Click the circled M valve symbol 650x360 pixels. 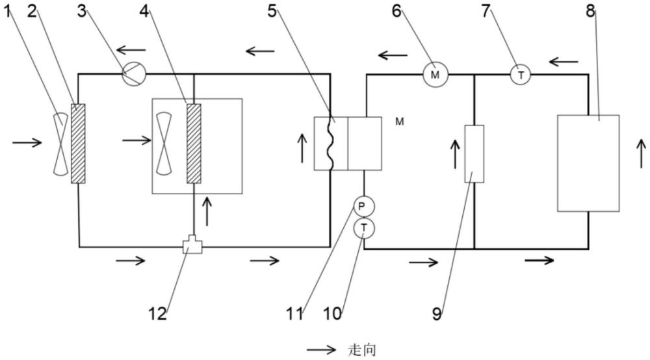[435, 75]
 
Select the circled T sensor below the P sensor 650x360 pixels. [364, 227]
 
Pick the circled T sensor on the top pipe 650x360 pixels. [520, 75]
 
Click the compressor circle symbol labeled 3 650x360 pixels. [135, 75]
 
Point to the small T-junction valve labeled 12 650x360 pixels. [192, 245]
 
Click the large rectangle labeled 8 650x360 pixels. [588, 163]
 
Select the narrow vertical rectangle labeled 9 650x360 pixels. [474, 154]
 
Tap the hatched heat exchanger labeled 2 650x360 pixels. [78, 144]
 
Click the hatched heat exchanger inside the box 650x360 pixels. [194, 144]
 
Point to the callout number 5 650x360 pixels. [272, 11]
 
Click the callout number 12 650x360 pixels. [157, 314]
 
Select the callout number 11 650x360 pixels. [294, 314]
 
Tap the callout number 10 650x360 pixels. [332, 314]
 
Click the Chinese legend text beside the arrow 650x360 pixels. [362, 350]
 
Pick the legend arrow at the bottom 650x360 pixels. [321, 350]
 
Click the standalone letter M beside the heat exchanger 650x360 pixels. [400, 122]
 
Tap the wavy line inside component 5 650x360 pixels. [332, 143]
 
